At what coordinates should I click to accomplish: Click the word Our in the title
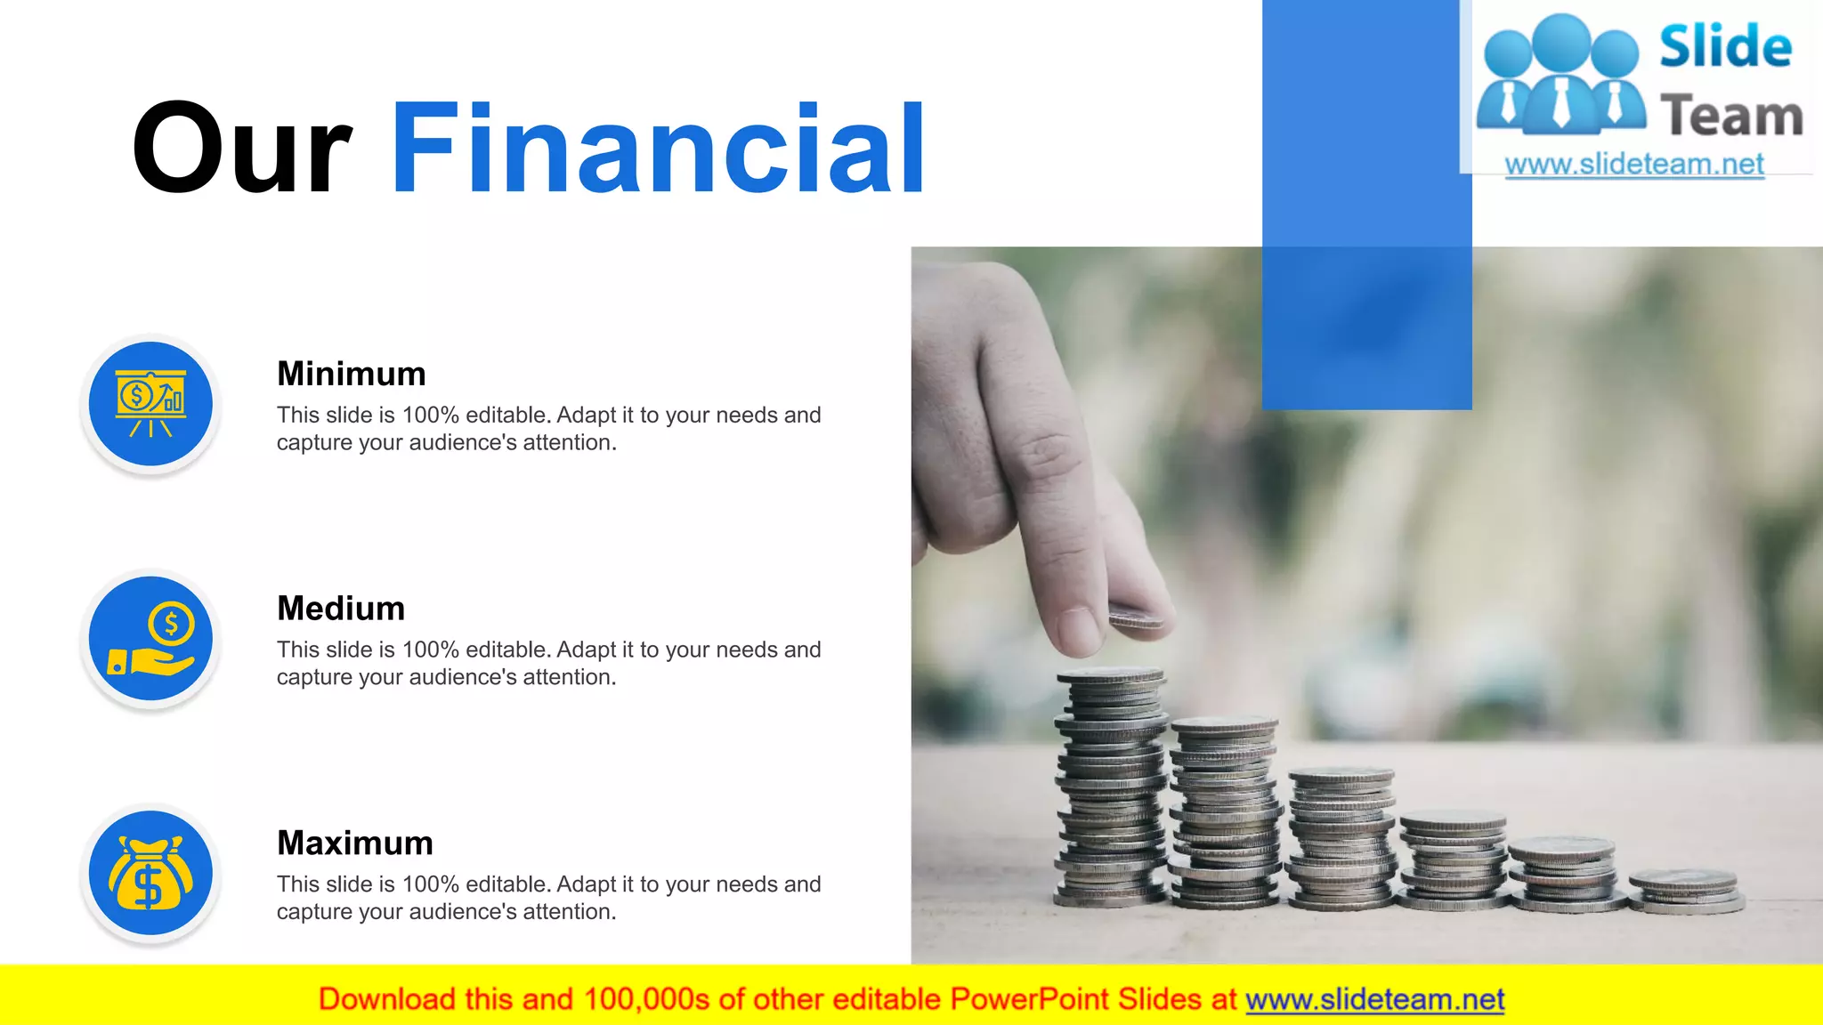[241, 149]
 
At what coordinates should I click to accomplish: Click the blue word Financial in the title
[659, 149]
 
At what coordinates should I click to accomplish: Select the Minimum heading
[352, 374]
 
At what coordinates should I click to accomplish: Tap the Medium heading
[341, 609]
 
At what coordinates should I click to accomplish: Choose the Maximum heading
[355, 843]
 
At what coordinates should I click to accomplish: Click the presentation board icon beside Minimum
[150, 404]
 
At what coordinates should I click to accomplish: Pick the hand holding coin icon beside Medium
[150, 639]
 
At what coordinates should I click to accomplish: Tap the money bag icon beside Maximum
[150, 874]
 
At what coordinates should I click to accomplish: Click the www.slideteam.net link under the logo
[1634, 165]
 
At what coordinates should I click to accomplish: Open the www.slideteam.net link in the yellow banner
[1375, 999]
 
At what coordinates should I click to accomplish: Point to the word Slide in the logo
[1725, 46]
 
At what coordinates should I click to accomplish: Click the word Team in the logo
[1731, 116]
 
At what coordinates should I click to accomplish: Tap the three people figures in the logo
[1561, 76]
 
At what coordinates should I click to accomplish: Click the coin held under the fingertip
[1135, 616]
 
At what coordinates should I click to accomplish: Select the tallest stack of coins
[1111, 787]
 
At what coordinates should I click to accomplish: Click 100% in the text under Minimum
[431, 416]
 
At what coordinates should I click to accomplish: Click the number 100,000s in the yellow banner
[647, 999]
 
